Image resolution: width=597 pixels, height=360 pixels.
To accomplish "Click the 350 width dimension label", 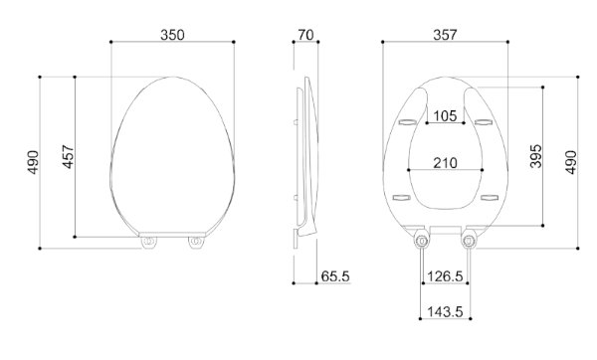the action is (172, 35).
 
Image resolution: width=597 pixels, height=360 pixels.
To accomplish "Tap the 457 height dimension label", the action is (68, 156).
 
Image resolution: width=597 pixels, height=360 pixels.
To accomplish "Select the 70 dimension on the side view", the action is (305, 35).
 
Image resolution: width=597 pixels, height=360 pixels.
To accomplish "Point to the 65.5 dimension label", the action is (335, 276).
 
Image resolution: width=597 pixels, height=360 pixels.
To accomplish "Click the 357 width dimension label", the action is (445, 35).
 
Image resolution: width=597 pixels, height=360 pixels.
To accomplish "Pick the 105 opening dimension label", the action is (445, 115).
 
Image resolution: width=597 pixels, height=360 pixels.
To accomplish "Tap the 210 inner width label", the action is (445, 163).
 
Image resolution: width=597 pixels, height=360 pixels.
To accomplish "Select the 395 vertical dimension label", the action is (535, 156).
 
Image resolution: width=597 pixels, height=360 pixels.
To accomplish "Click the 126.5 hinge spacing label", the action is (445, 276).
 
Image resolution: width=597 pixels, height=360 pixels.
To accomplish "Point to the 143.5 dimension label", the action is (445, 312).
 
